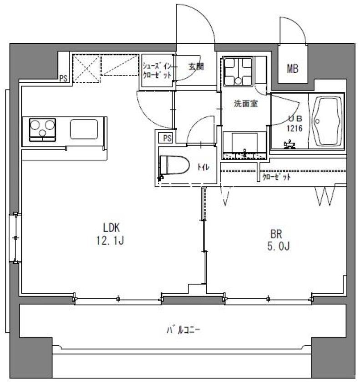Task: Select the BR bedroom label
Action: click(x=276, y=235)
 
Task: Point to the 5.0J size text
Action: click(x=277, y=247)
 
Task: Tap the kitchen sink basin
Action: click(x=84, y=129)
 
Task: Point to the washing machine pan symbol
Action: click(x=238, y=72)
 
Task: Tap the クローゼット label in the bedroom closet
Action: click(x=276, y=177)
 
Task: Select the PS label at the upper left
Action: click(x=63, y=79)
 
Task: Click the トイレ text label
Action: click(x=203, y=167)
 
